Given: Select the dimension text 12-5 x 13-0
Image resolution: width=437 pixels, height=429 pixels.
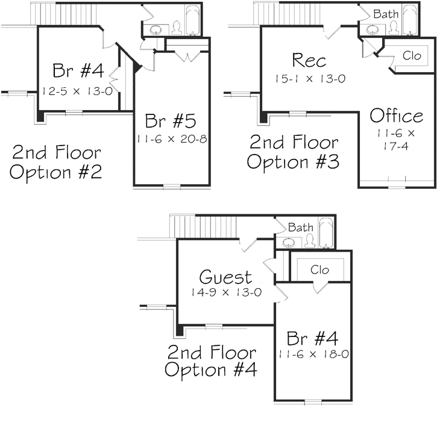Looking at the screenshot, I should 78,91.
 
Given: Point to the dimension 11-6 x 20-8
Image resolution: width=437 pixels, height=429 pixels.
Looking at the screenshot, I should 172,139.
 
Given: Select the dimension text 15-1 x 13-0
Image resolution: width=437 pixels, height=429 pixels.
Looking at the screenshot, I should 309,78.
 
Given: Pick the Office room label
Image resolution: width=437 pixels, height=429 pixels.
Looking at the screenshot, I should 396,116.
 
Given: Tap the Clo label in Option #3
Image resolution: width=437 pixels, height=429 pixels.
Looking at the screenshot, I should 412,55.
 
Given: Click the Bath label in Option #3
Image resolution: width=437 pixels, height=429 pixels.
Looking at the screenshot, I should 385,13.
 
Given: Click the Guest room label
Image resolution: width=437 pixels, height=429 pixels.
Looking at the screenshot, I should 225,277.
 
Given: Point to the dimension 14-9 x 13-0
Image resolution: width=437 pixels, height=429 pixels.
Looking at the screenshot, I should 225,293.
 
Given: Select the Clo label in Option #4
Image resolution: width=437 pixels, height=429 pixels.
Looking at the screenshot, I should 319,270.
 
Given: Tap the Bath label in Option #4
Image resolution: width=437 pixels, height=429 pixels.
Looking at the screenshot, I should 300,227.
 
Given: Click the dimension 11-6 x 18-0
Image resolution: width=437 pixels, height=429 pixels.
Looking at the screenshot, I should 313,354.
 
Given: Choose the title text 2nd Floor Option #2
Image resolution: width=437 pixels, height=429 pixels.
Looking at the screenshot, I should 57,162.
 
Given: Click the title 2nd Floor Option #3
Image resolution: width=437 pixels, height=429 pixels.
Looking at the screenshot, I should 294,152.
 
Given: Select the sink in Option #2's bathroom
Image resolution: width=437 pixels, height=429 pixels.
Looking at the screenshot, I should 159,29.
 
